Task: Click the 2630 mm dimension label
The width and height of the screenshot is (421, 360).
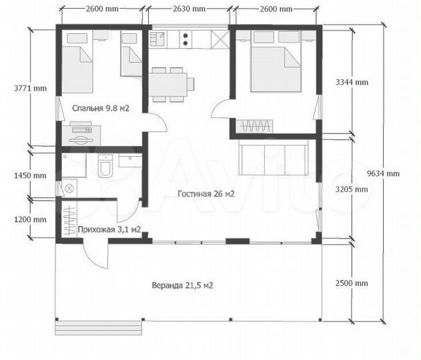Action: tap(189, 9)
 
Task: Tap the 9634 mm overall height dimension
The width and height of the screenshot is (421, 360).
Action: tap(383, 173)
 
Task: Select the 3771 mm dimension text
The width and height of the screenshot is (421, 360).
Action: tap(30, 88)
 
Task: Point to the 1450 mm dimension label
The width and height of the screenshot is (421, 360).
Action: tap(30, 176)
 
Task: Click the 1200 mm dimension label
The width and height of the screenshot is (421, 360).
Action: tap(30, 220)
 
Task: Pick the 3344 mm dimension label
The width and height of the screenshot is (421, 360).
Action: tap(352, 82)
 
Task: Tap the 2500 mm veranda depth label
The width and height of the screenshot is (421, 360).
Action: tap(352, 283)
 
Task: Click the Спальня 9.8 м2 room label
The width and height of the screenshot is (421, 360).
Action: tap(101, 108)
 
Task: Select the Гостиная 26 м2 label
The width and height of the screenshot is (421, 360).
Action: tap(206, 193)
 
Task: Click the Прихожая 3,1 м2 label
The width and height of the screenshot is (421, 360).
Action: tap(109, 229)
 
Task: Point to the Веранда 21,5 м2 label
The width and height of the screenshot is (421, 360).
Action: tap(183, 285)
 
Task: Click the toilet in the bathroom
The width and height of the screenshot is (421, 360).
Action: tap(105, 166)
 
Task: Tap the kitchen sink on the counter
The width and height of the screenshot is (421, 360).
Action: tap(157, 39)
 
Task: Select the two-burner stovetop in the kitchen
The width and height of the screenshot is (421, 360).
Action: tap(185, 39)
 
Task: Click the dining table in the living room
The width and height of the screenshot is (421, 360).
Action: tap(168, 85)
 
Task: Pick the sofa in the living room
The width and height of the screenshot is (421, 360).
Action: tap(273, 160)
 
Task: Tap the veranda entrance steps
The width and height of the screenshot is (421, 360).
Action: tap(98, 327)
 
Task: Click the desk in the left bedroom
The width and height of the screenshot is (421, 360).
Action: tap(81, 136)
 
